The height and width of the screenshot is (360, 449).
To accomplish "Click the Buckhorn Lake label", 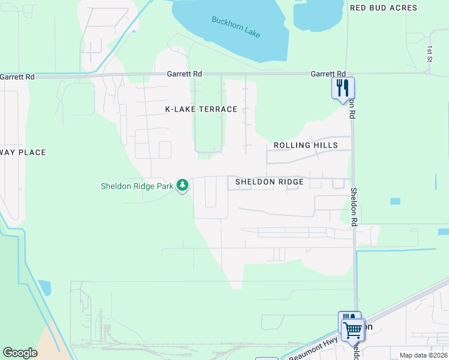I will click(236, 27).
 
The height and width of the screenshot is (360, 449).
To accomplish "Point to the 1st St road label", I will click(430, 53).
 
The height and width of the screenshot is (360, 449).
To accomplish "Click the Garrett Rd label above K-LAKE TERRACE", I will click(184, 74).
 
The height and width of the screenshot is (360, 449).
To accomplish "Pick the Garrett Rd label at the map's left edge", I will click(17, 77).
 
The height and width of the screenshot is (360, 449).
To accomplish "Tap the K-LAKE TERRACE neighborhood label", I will click(201, 109).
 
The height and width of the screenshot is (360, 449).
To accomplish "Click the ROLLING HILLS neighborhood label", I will click(306, 145).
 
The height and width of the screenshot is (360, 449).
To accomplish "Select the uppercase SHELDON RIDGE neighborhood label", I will click(269, 181).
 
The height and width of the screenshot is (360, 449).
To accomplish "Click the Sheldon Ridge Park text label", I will click(137, 186).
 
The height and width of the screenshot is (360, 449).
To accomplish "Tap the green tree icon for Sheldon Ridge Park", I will click(182, 186).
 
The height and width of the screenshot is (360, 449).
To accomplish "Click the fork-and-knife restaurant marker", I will click(343, 88).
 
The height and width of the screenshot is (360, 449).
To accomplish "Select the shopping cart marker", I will click(352, 329).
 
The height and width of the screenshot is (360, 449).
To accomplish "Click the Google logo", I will click(20, 353).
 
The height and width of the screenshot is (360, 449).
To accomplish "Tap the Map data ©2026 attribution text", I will click(423, 355).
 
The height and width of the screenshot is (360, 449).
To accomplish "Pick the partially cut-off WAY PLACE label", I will click(23, 152).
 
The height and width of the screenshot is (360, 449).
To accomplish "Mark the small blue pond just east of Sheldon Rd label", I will click(395, 201).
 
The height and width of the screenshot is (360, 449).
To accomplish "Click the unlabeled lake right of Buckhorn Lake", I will click(318, 13).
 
